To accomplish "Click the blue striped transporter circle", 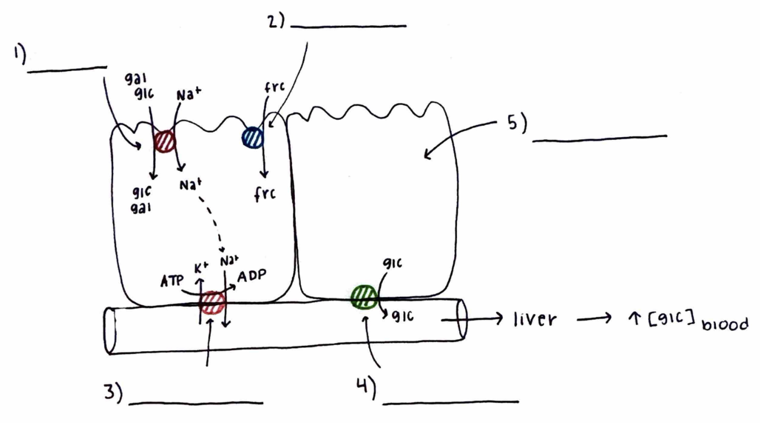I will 252,137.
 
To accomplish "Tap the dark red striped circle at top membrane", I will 164,141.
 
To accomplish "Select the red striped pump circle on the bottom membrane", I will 212,303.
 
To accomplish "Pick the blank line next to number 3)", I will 196,402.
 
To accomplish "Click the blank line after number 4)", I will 452,402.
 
